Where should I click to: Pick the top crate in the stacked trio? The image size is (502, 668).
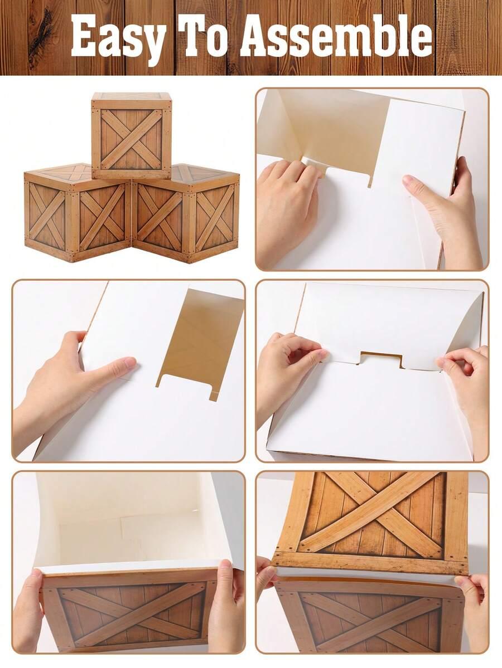click(132, 135)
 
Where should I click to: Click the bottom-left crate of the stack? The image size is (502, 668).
click(77, 213)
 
